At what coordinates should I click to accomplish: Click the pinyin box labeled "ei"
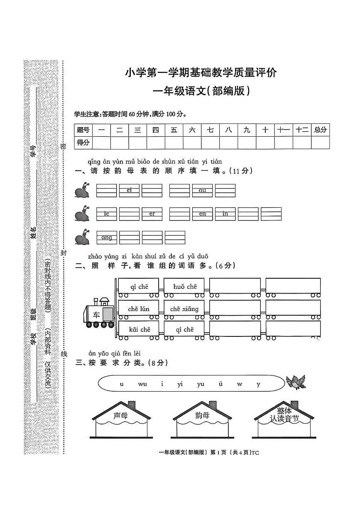tap(129, 190)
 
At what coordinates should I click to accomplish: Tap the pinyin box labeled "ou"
tap(202, 190)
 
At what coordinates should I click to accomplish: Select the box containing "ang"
tap(107, 238)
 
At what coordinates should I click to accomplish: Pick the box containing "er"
tap(152, 214)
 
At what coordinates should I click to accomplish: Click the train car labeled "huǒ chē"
tap(185, 287)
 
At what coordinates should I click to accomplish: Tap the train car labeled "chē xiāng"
tap(185, 309)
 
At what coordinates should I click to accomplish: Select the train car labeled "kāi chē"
tap(139, 330)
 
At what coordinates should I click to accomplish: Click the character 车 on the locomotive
tap(96, 314)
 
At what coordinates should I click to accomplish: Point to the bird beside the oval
tap(296, 382)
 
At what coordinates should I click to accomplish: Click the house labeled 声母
tap(121, 420)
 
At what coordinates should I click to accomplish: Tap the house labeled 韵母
tap(202, 420)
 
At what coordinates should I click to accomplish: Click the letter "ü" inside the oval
tap(220, 384)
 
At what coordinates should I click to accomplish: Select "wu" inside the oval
tap(142, 384)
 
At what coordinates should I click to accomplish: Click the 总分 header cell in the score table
tap(320, 130)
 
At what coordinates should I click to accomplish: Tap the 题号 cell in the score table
tap(83, 130)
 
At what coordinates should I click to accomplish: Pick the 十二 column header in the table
tap(302, 130)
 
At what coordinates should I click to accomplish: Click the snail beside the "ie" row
tap(83, 214)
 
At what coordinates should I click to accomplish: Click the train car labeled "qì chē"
tap(139, 287)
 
